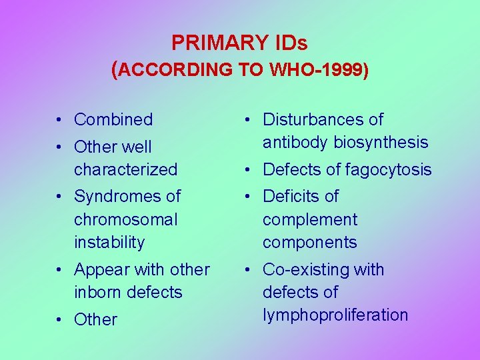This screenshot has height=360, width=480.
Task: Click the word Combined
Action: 113,120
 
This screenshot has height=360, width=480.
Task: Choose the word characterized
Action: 125,169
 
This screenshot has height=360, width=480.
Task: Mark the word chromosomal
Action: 126,219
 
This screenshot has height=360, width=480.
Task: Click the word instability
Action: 109,242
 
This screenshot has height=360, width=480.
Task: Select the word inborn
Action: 98,292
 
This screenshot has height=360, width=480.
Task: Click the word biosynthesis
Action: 381,142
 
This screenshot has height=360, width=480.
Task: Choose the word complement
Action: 310,219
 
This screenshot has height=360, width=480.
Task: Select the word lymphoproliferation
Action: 335,315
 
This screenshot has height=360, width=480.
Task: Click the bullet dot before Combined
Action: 59,120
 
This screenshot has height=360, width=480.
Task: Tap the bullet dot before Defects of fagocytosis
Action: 248,170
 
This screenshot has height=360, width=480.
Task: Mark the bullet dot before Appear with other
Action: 59,270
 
